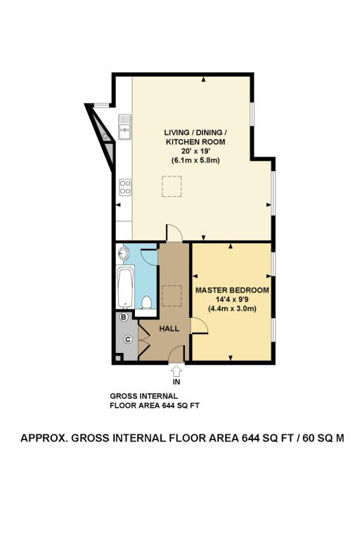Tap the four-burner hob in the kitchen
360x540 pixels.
(x=125, y=187)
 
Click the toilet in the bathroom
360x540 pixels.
(x=147, y=302)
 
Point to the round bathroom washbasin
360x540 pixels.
(x=124, y=252)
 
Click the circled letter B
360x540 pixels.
(x=124, y=318)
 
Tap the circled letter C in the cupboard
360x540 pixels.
(x=128, y=340)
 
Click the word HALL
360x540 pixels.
(x=168, y=328)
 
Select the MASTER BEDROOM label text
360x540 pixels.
(x=231, y=290)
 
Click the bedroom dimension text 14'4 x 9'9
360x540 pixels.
(x=231, y=299)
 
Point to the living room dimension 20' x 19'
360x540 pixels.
(x=195, y=151)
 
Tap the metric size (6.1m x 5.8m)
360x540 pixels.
(x=195, y=160)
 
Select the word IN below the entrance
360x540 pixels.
(x=176, y=382)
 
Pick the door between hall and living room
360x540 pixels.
(x=173, y=235)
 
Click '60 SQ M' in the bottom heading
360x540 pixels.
(x=320, y=437)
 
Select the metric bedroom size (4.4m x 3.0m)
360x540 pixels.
(x=231, y=308)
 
